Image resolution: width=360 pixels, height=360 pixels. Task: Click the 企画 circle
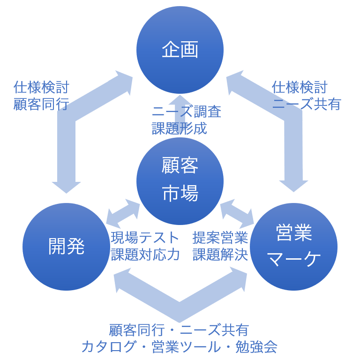[x=180, y=50]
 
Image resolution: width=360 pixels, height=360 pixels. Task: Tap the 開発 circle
[x=66, y=247]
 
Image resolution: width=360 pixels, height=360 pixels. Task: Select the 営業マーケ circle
[x=293, y=247]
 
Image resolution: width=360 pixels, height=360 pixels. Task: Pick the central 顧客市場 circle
[x=180, y=180]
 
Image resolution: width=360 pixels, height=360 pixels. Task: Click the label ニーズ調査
[x=187, y=112]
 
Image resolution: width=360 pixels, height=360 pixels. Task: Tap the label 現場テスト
[x=145, y=238]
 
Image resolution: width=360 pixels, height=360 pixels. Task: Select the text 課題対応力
[x=145, y=255]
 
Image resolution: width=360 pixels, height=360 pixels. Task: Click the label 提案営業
[x=220, y=238]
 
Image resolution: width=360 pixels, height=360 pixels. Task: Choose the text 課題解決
[x=220, y=255]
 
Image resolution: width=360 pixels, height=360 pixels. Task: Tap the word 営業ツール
[x=185, y=347]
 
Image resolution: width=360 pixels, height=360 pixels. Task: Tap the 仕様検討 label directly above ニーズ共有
[x=300, y=87]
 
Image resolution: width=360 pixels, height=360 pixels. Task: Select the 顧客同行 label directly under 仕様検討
[x=41, y=104]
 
